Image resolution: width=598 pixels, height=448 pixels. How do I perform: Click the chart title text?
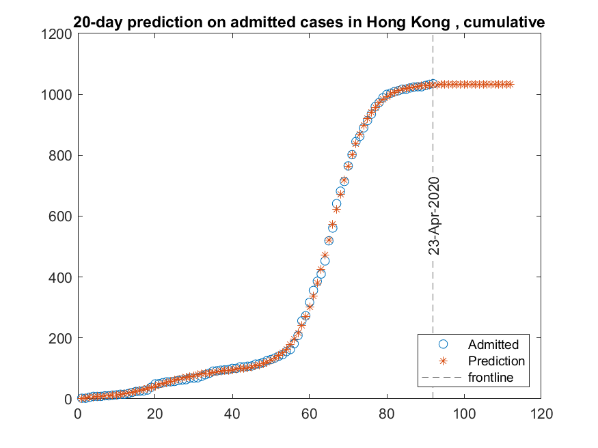point(309,23)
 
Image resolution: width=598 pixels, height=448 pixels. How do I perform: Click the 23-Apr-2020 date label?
point(433,216)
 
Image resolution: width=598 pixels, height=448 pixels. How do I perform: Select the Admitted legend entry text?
point(493,344)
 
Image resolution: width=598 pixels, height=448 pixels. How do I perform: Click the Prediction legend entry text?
point(496,361)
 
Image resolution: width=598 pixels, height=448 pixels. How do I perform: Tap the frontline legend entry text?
point(491,377)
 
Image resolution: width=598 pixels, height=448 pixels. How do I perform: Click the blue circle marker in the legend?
point(442,344)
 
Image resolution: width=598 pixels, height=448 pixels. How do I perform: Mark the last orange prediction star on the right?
point(510,84)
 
